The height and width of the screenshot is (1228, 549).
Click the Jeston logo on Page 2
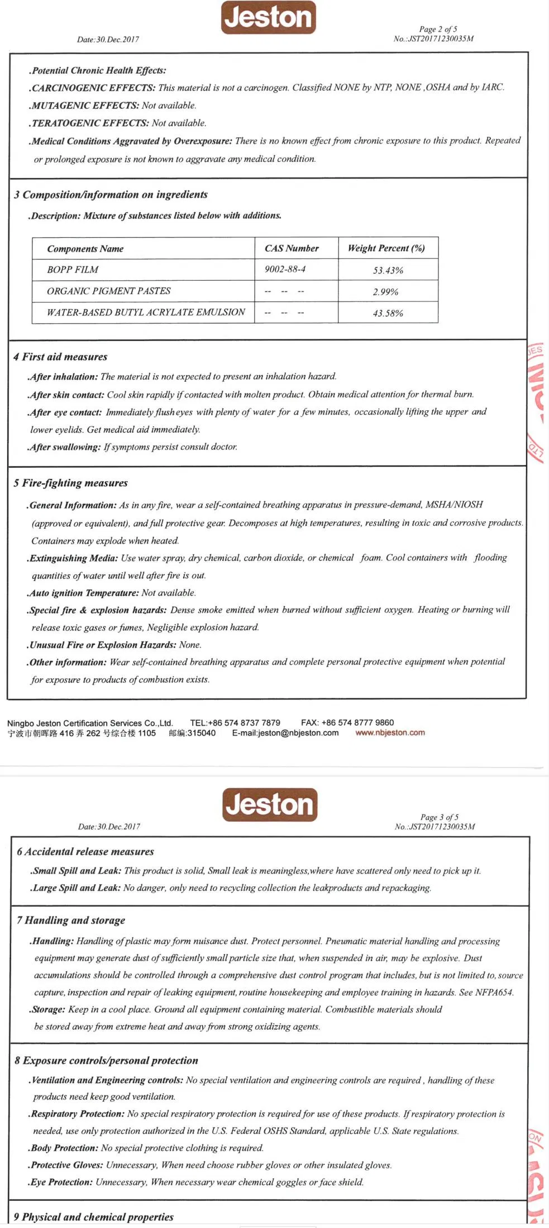(268, 17)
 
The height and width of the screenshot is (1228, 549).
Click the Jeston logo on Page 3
(270, 805)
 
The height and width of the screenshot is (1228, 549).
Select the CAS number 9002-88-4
(285, 269)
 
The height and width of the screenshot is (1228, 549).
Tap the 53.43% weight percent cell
(388, 270)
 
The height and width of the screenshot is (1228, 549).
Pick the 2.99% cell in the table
(386, 292)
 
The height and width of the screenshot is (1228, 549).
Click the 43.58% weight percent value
(388, 313)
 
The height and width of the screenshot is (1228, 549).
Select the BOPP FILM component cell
(73, 270)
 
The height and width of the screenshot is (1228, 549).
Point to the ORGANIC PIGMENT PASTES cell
(109, 291)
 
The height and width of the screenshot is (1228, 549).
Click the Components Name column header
(85, 248)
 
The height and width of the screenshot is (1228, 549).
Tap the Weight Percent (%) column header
(386, 248)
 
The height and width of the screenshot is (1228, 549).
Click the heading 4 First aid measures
(60, 357)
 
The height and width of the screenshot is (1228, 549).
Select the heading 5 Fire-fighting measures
(70, 483)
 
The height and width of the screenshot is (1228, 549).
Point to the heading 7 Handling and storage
(71, 920)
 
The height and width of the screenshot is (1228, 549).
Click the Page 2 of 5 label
(438, 29)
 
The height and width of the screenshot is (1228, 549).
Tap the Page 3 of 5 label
(440, 817)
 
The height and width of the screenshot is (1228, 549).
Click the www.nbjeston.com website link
(390, 733)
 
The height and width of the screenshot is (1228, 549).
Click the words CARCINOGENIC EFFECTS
(93, 88)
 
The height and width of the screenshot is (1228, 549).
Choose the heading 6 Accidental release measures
(85, 852)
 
